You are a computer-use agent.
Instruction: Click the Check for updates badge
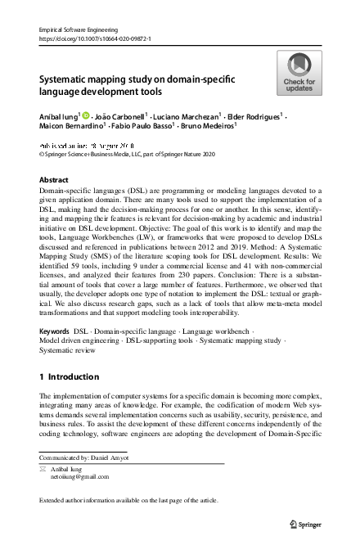pos(299,73)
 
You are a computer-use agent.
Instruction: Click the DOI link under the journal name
pos(94,38)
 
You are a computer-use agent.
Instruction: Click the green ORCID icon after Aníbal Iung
pos(86,115)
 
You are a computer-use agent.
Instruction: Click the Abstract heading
pos(54,178)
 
